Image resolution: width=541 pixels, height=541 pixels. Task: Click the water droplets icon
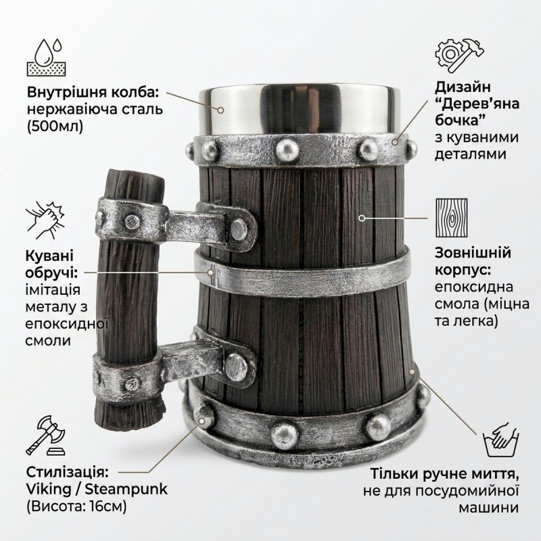(46, 57)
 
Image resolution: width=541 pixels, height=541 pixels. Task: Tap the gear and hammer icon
(459, 56)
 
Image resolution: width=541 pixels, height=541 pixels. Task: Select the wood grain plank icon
(451, 218)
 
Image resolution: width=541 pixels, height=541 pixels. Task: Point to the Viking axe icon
(45, 436)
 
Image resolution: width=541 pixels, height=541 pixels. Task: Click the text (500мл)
(55, 127)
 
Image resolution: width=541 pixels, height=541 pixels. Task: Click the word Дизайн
(463, 88)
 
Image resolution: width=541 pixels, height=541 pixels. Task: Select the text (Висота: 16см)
(76, 507)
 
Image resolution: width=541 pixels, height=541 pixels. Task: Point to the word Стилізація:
(68, 472)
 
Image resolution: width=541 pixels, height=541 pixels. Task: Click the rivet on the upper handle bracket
(239, 229)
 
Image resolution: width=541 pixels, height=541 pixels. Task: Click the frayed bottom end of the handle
(128, 413)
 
